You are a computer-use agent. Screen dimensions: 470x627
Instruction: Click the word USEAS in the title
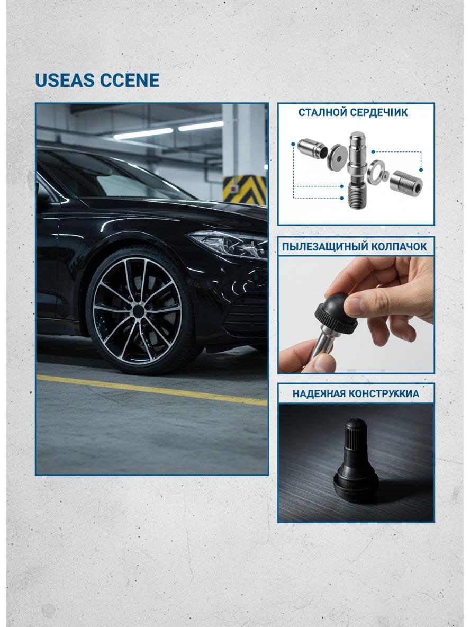click(x=66, y=80)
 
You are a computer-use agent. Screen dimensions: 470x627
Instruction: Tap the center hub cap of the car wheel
click(x=138, y=311)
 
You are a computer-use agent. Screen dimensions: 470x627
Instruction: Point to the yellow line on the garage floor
click(x=152, y=390)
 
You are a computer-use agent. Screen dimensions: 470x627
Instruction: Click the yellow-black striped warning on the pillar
click(x=245, y=190)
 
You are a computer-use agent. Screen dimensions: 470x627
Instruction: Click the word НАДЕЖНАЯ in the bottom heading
click(x=319, y=393)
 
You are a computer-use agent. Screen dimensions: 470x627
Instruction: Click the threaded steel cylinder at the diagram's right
click(x=405, y=182)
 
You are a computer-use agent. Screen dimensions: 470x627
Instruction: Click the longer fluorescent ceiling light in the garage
click(x=143, y=133)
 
